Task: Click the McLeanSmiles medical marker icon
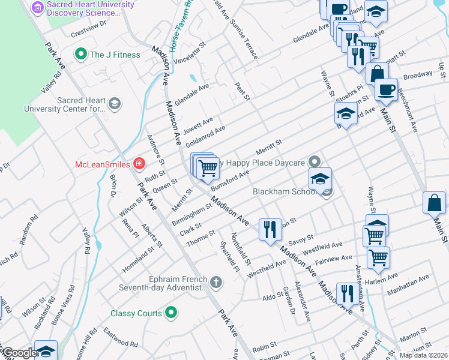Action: click(139, 163)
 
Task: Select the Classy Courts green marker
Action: click(171, 313)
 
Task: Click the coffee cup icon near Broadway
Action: click(387, 89)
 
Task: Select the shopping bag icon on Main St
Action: click(434, 204)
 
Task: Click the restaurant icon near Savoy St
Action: click(269, 229)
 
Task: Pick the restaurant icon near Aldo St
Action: click(346, 293)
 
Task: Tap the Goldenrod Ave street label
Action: click(205, 137)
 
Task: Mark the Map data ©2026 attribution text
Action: click(423, 355)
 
